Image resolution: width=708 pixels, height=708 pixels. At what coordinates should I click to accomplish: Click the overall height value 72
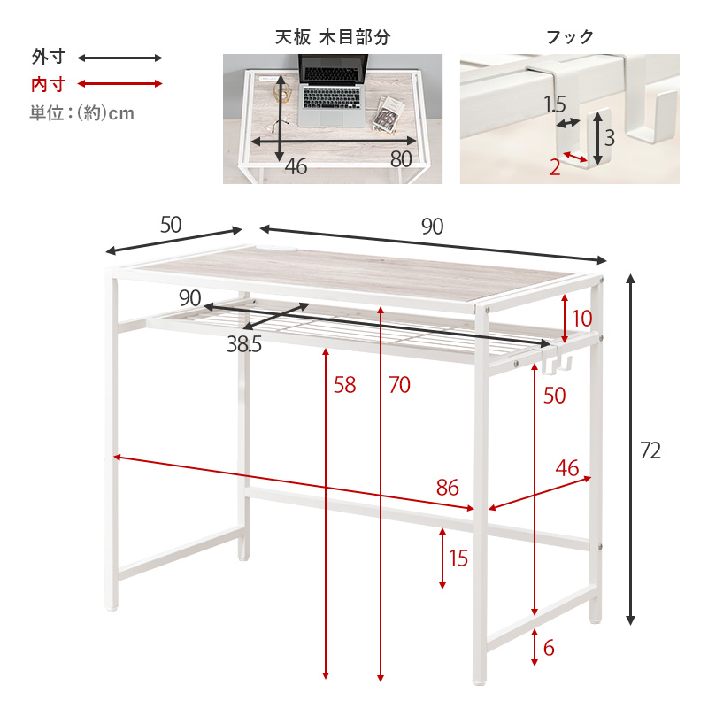[x=650, y=450]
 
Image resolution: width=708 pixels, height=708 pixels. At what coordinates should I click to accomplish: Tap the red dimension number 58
[x=345, y=385]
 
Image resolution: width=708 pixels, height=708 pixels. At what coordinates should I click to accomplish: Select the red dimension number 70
[x=399, y=385]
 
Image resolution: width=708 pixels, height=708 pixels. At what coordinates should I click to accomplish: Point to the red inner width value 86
[x=448, y=487]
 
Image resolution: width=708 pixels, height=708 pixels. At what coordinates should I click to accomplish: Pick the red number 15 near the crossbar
[x=458, y=558]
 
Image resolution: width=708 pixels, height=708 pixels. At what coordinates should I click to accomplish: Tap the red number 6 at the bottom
[x=549, y=648]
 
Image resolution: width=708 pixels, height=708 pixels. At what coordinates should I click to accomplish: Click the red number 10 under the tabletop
[x=581, y=319]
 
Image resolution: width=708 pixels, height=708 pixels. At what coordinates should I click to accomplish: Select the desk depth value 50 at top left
[x=171, y=225]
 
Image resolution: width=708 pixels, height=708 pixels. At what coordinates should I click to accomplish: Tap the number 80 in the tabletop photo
[x=401, y=159]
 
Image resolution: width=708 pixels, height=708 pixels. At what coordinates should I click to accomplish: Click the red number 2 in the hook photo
[x=555, y=166]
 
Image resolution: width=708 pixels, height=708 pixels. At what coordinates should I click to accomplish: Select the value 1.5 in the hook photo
[x=555, y=104]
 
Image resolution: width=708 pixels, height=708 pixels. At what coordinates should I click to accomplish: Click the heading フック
[x=569, y=37]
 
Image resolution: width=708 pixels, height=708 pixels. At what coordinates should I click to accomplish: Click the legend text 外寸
[x=48, y=58]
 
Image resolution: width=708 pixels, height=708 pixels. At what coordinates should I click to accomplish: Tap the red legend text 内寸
[x=48, y=85]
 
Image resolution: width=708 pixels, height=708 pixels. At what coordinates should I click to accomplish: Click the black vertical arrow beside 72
[x=631, y=450]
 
